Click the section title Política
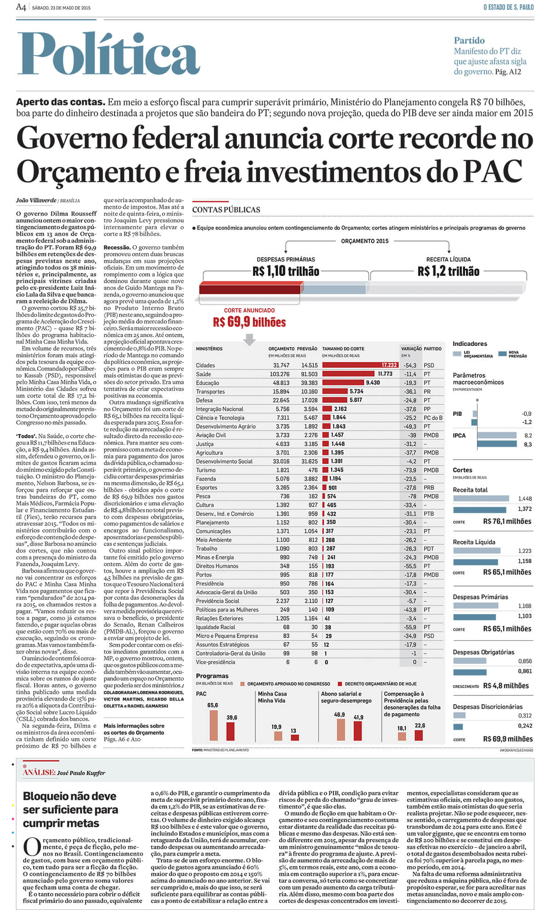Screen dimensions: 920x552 click(109, 54)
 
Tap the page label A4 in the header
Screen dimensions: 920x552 click(21, 7)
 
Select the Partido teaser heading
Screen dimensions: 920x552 click(469, 40)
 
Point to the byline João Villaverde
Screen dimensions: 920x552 click(36, 201)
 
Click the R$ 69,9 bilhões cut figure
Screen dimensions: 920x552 click(249, 322)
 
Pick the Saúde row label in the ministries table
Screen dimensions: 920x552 click(204, 374)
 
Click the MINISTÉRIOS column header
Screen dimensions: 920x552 click(209, 349)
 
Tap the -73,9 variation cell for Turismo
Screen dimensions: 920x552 click(410, 470)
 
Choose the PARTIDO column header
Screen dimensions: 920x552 click(432, 349)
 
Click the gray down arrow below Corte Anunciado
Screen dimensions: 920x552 click(249, 339)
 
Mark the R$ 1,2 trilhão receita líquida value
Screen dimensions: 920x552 click(448, 271)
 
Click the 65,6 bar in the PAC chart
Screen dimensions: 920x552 click(213, 725)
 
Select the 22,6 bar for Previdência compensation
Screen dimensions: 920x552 click(419, 735)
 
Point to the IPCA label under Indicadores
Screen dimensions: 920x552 click(459, 435)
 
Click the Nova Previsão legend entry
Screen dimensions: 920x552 click(513, 354)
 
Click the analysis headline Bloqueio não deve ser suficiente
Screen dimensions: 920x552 click(70, 810)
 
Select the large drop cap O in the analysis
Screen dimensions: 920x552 click(32, 847)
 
